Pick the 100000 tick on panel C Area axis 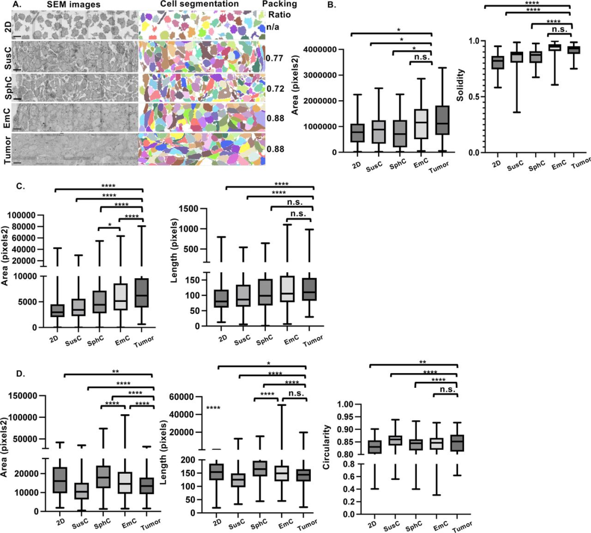[x=29, y=215]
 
